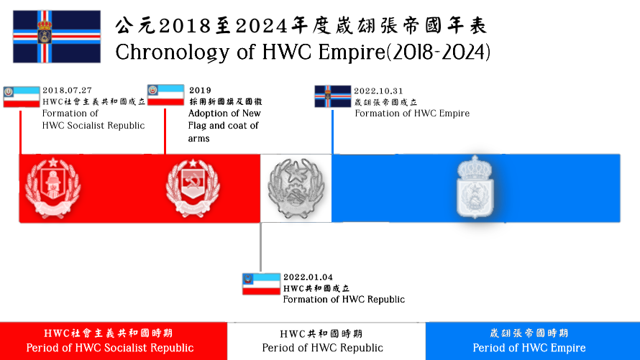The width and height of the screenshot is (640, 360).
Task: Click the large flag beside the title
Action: (x=57, y=37)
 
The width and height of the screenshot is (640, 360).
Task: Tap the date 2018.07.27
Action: (x=68, y=90)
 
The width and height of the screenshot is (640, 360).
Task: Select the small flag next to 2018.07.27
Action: (x=22, y=96)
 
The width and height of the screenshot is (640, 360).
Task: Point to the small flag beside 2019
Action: (x=165, y=95)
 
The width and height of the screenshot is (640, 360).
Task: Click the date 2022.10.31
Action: (x=378, y=91)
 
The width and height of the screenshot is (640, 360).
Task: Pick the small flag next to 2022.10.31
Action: (x=333, y=96)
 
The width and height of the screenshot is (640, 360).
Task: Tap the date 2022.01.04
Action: (x=308, y=277)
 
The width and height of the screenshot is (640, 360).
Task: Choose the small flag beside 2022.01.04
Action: (x=261, y=284)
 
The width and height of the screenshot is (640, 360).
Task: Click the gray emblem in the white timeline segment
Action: (x=296, y=188)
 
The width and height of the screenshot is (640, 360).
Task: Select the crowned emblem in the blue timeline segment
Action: (x=475, y=186)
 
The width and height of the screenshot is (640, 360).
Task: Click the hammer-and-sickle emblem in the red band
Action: (x=193, y=187)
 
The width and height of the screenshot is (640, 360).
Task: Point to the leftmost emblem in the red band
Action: (x=52, y=187)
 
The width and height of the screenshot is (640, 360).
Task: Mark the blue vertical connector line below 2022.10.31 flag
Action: (x=333, y=132)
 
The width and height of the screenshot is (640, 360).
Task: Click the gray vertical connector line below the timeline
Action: (x=261, y=246)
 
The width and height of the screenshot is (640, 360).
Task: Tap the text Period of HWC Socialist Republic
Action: (x=110, y=348)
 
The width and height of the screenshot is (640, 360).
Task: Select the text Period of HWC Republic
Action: (x=322, y=348)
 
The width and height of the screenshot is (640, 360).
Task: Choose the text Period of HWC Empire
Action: (x=529, y=348)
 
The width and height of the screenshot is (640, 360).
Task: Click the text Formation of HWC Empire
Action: (x=412, y=114)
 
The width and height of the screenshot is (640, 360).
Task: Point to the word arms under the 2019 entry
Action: (x=198, y=139)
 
